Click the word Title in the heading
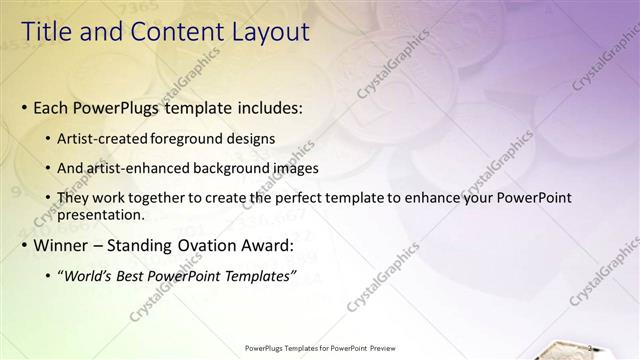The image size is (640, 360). (x=47, y=32)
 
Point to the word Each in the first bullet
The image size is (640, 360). (x=52, y=107)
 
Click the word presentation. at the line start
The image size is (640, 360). (x=102, y=214)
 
